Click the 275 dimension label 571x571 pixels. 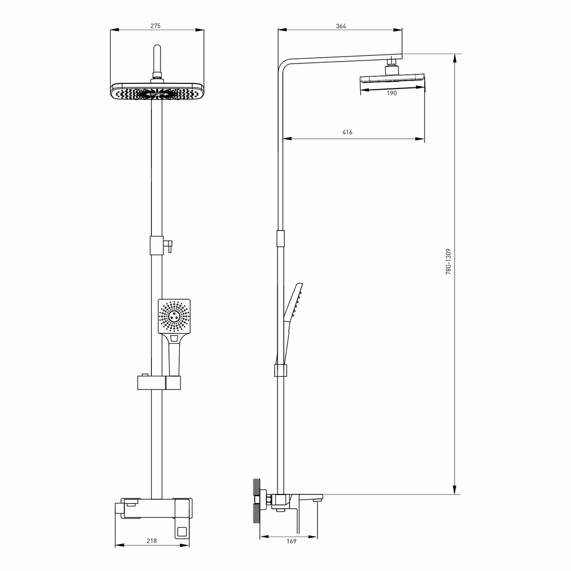pyautogui.click(x=156, y=26)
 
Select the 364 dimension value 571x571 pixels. pyautogui.click(x=341, y=26)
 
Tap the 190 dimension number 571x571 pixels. pyautogui.click(x=392, y=94)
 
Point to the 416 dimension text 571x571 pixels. pyautogui.click(x=347, y=132)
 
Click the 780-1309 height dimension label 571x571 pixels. pyautogui.click(x=449, y=263)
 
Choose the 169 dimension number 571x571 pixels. pyautogui.click(x=291, y=541)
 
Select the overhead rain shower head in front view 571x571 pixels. pyautogui.click(x=157, y=93)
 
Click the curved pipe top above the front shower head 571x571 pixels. pyautogui.click(x=158, y=51)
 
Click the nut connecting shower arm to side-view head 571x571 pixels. pyautogui.click(x=392, y=65)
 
